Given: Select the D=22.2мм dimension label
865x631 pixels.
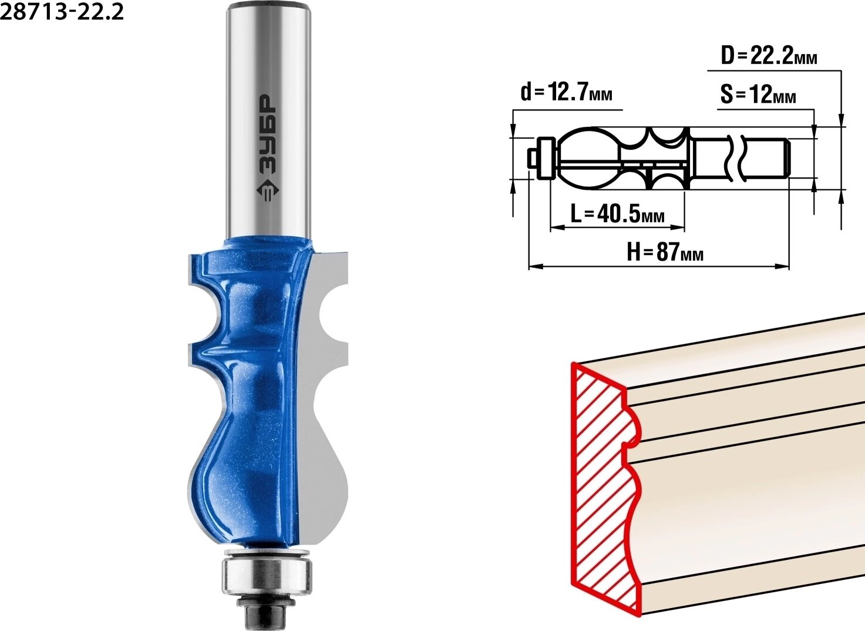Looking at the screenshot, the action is [769, 57].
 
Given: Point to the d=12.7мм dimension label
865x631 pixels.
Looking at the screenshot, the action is [567, 93].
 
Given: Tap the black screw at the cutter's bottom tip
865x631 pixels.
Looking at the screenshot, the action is [262, 610].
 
